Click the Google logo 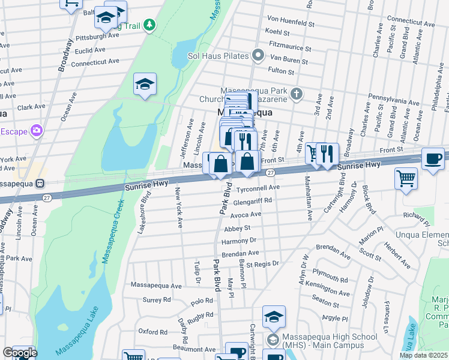point(20,352)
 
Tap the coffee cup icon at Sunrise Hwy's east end point(433,159)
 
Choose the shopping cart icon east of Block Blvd point(406,178)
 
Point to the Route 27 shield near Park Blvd point(271,173)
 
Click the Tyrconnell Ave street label point(260,188)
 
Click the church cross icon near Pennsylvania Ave point(296,94)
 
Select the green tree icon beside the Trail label point(149,25)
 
